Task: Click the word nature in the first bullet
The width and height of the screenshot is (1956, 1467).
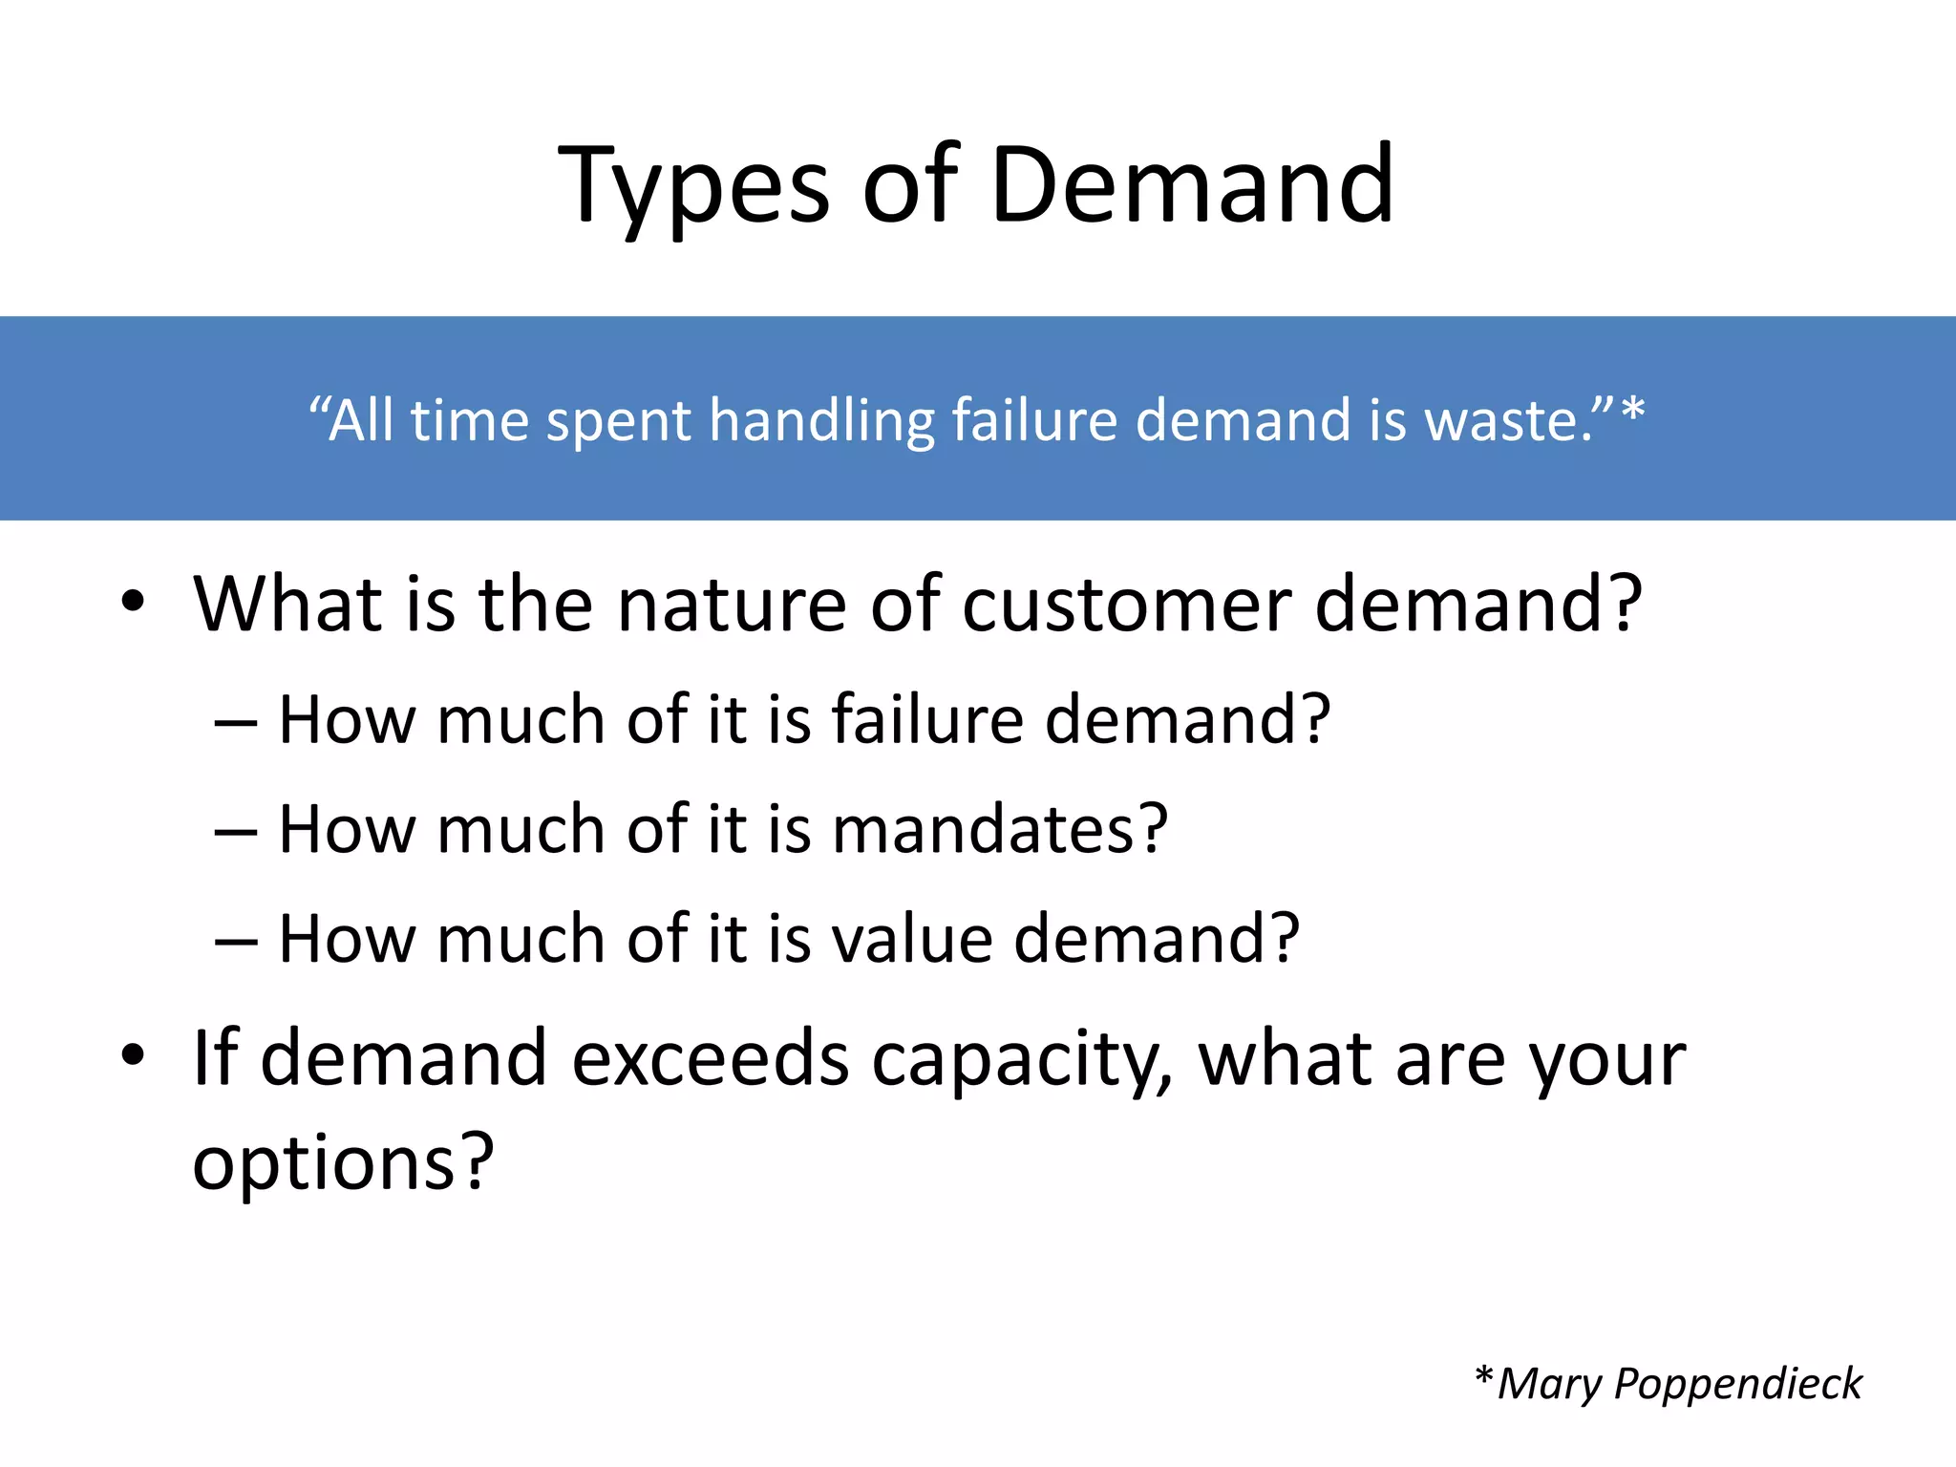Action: tap(732, 606)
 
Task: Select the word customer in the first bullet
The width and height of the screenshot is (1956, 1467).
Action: tap(1126, 606)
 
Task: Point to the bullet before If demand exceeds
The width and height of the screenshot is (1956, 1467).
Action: tap(133, 1056)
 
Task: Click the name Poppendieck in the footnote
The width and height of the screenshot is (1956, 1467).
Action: tap(1737, 1384)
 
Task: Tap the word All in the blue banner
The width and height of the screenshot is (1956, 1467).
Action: tap(360, 420)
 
